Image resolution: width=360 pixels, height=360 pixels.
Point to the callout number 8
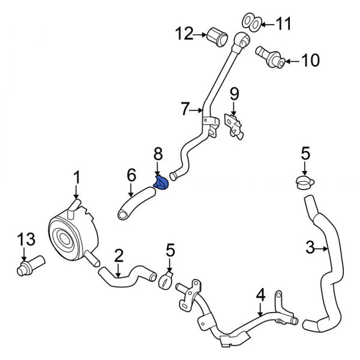158,154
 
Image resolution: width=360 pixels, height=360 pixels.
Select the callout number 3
310,247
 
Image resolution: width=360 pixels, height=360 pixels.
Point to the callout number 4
260,295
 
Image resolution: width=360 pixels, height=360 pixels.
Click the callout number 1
76,177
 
